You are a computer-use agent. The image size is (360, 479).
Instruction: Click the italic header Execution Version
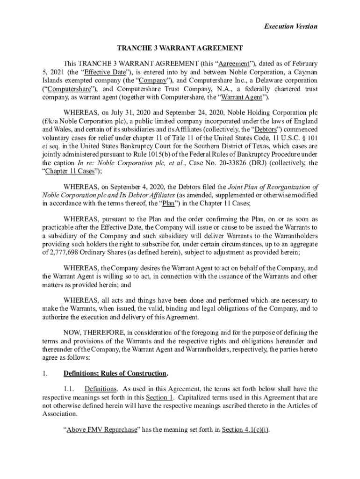[x=290, y=26]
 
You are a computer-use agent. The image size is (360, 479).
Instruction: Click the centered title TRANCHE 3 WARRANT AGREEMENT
[x=180, y=48]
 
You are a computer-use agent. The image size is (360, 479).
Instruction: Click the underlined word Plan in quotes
[x=169, y=203]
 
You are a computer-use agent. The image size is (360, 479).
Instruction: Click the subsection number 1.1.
[x=69, y=389]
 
